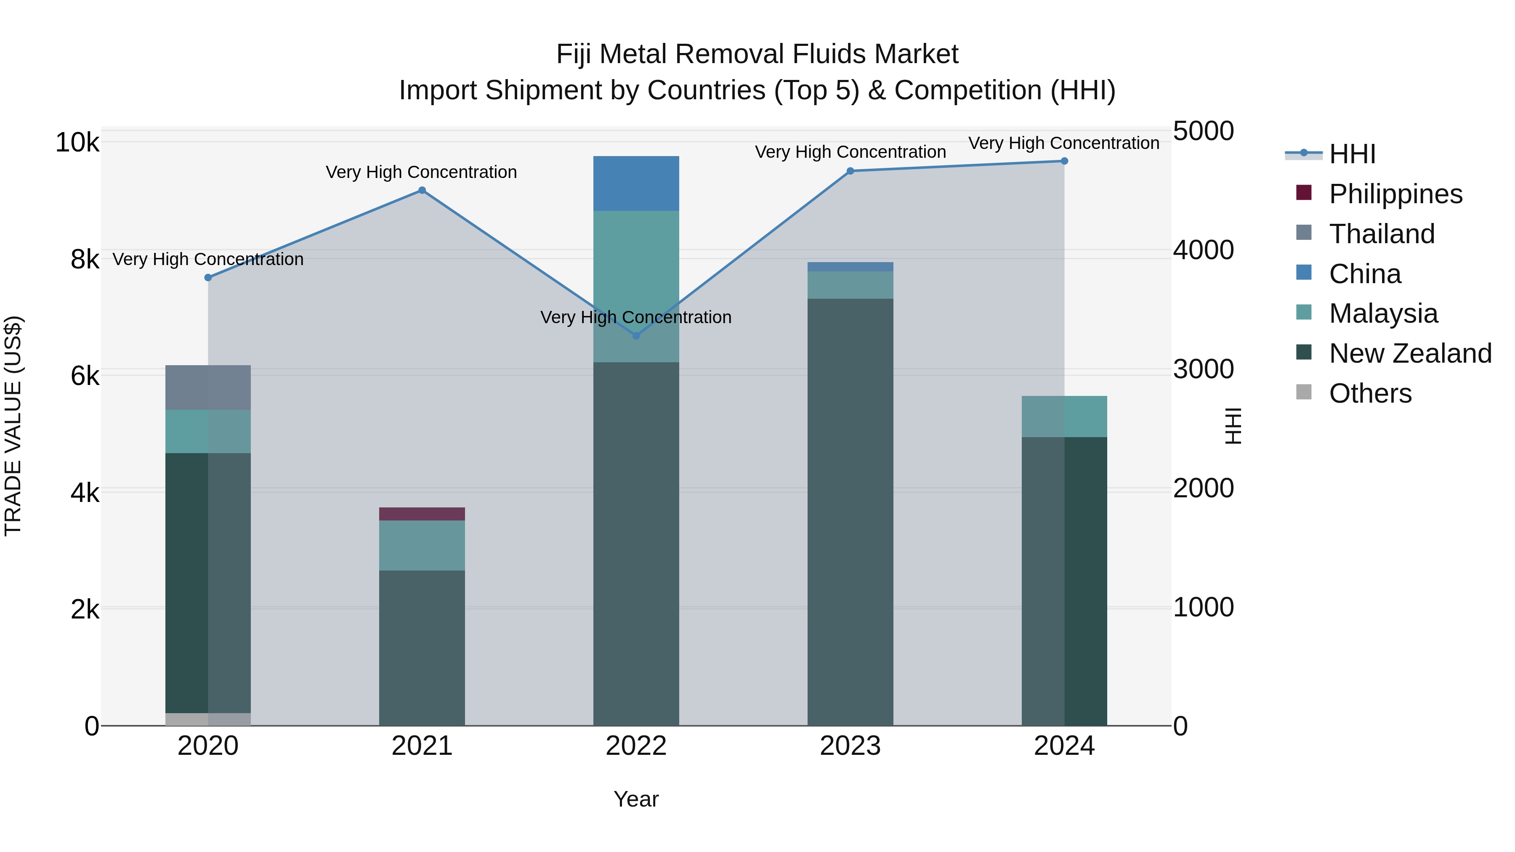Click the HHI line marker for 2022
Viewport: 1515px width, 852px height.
636,336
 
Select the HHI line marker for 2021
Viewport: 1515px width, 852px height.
422,191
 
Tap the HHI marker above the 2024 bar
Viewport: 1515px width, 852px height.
1064,161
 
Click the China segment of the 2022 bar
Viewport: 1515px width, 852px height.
636,183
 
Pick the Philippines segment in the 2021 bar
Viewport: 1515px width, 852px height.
422,514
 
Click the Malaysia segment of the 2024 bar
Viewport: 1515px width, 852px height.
1064,416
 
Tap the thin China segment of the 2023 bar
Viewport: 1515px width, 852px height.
850,267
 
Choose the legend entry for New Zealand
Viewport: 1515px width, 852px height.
1410,353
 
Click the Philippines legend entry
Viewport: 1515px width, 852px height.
1395,194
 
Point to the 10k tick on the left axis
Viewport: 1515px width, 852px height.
77,142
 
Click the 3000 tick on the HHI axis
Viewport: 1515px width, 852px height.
1203,369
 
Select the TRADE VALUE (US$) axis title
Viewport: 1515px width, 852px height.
13,426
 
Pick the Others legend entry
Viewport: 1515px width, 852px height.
1370,393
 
